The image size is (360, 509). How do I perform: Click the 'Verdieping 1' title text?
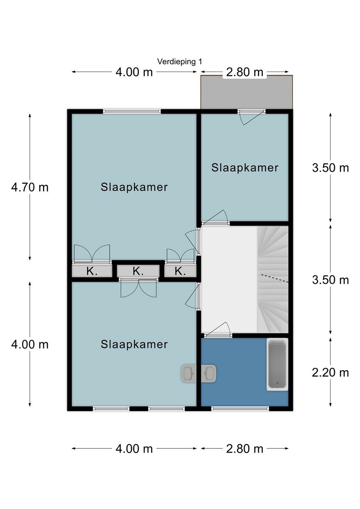coord(180,62)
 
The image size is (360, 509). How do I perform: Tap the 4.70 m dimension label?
coord(30,187)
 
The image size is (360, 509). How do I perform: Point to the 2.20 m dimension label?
coord(330,373)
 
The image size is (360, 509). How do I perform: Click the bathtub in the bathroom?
coord(277,365)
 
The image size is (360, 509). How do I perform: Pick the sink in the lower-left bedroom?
coord(188,374)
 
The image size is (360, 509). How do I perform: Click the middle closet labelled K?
coord(138,271)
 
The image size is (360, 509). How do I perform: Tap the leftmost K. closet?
coord(92,271)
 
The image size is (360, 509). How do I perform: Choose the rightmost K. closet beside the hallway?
coord(180,271)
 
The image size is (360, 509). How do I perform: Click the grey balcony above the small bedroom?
coord(247,92)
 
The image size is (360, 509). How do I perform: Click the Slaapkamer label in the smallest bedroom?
coord(245,168)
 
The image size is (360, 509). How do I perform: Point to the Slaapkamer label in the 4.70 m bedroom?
coord(134,187)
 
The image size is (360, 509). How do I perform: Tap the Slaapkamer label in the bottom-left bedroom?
coord(134,344)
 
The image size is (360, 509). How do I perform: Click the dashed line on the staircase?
coord(275,278)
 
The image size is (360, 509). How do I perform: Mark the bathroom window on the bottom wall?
coord(240,408)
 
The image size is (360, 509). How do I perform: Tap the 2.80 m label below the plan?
coord(245,449)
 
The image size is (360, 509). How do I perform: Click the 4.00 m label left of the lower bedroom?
coord(30,345)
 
